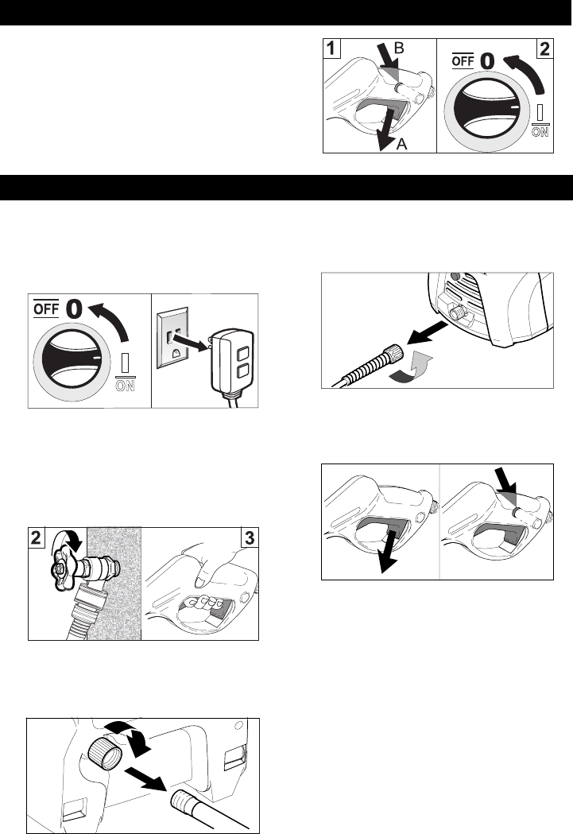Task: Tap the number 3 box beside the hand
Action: (250, 537)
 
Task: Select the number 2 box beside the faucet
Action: (36, 537)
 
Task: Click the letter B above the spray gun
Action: (398, 48)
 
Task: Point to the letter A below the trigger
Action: (402, 144)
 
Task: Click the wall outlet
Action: (172, 337)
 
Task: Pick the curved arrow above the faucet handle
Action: (67, 541)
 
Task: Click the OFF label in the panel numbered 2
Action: (463, 61)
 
